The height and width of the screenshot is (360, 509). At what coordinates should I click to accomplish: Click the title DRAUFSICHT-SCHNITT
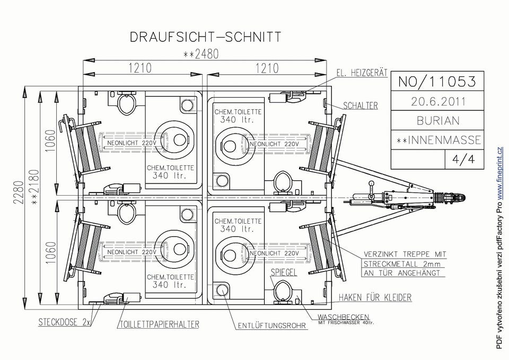(205, 37)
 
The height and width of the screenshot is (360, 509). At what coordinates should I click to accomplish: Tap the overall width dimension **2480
(201, 54)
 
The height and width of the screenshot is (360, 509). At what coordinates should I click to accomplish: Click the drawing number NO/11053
(437, 82)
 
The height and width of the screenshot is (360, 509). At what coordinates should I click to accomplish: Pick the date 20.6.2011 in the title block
(438, 102)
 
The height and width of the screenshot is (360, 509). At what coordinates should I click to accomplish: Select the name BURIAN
(438, 121)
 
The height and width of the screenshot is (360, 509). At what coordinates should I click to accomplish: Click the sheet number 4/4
(463, 159)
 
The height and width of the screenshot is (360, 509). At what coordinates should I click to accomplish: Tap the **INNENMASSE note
(439, 140)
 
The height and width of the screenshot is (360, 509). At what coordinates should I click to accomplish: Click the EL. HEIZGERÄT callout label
(362, 73)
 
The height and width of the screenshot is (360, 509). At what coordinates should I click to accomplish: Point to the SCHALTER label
(361, 106)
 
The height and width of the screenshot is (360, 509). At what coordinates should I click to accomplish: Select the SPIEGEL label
(284, 272)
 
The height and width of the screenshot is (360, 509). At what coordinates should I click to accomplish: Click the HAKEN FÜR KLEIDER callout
(375, 297)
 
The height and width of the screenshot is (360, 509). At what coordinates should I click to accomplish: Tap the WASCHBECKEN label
(343, 317)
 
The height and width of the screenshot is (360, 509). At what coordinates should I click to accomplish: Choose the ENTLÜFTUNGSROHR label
(272, 326)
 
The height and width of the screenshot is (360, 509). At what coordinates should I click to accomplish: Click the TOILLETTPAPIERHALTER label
(159, 324)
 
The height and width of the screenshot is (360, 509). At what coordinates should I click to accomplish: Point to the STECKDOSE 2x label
(65, 322)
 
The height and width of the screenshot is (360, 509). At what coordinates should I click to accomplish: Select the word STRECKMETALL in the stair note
(391, 264)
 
